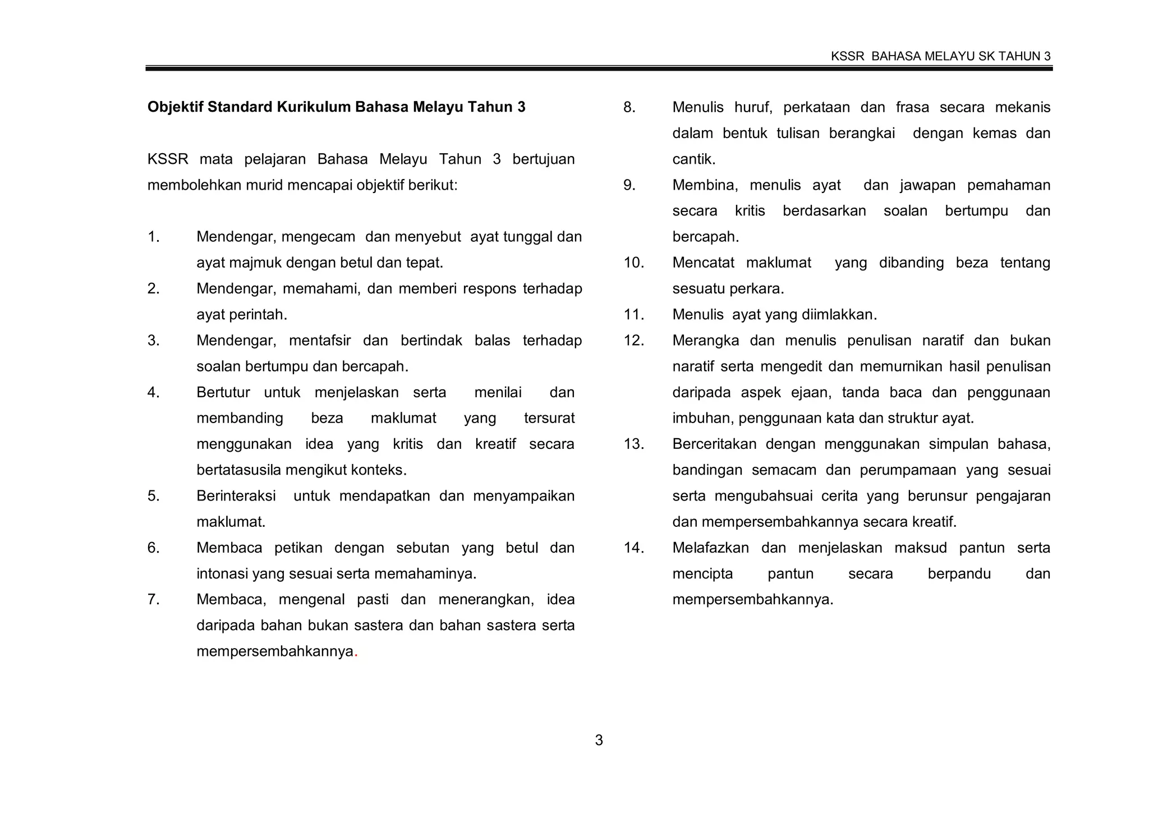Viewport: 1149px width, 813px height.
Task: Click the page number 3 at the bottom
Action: tap(599, 741)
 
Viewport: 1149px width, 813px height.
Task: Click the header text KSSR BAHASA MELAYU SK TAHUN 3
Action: tap(940, 56)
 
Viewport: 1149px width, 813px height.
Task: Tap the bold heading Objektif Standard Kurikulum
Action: tap(336, 107)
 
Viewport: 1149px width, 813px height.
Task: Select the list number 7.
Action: tap(153, 600)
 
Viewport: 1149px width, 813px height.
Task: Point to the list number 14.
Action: tap(633, 548)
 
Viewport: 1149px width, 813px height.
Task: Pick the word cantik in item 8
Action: tap(693, 159)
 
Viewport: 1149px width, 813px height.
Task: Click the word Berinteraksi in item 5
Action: tap(236, 497)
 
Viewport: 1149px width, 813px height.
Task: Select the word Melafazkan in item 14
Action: tap(710, 548)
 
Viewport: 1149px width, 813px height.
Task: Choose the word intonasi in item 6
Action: tap(222, 574)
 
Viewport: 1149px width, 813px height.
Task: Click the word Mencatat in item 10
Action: tap(703, 263)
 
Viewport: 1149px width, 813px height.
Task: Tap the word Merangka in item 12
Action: tap(705, 341)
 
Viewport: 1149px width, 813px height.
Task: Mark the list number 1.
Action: tap(153, 237)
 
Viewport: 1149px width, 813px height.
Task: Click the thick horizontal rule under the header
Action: tap(599, 68)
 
